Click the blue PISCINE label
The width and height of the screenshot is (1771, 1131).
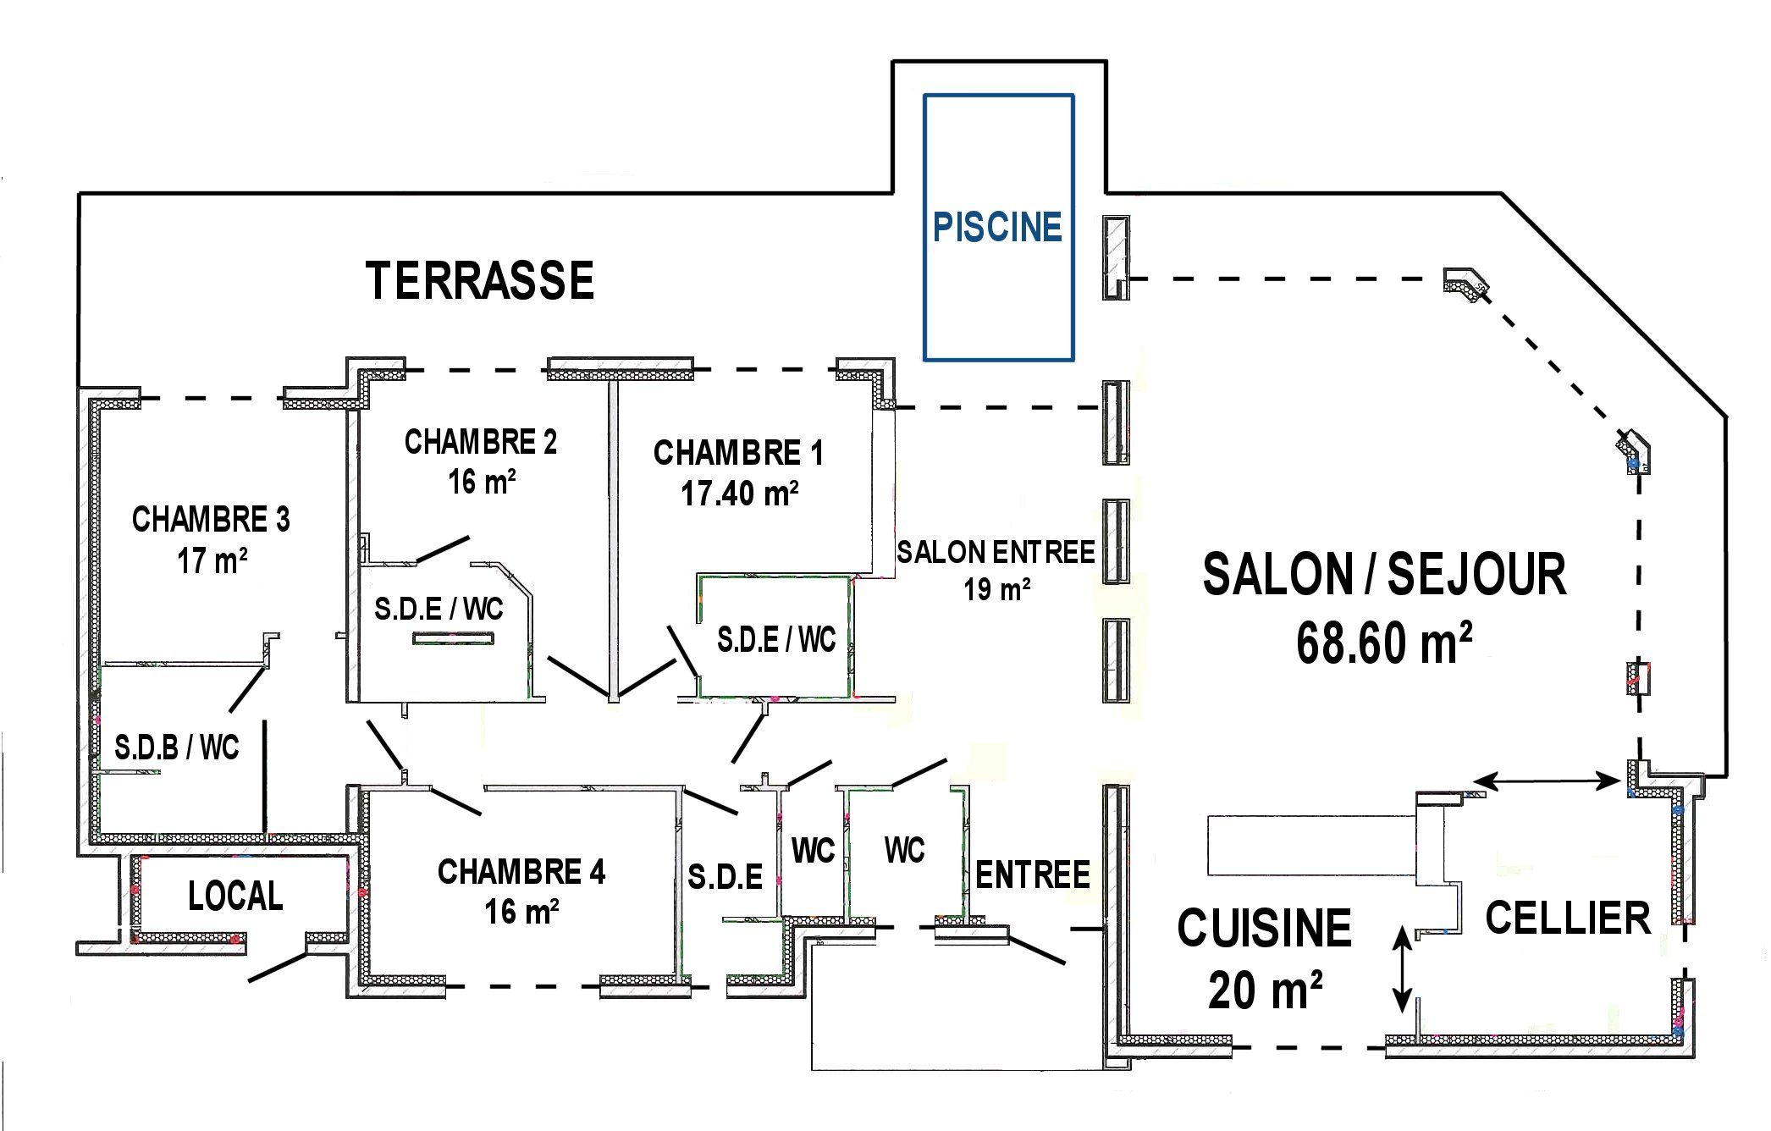click(x=997, y=227)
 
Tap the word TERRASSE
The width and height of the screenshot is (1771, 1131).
click(x=480, y=280)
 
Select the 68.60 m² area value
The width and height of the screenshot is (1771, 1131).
click(x=1384, y=643)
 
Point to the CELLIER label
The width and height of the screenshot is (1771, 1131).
click(x=1568, y=918)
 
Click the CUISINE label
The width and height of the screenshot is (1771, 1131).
click(x=1264, y=928)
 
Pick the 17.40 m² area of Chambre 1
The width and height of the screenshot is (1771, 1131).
click(x=740, y=493)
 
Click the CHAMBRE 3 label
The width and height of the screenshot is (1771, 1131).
click(x=211, y=519)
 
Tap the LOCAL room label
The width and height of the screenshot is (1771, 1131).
click(x=235, y=896)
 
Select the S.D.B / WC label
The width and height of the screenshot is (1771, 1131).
click(x=177, y=748)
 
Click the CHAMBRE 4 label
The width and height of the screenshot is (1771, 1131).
click(x=521, y=871)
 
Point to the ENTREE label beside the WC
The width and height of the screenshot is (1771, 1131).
click(x=1033, y=875)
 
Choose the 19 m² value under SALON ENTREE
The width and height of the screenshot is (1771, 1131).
click(x=996, y=588)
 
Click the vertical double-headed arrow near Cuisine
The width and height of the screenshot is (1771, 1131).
click(x=1403, y=968)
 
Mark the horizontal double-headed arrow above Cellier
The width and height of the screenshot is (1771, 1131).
click(x=1546, y=781)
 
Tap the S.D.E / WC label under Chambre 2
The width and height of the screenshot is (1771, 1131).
click(x=439, y=609)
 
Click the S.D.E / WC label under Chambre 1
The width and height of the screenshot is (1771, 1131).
click(x=776, y=639)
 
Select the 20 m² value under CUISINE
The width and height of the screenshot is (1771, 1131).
click(x=1265, y=988)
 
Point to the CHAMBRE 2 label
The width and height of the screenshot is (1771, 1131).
click(x=481, y=441)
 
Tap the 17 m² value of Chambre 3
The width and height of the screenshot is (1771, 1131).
click(x=212, y=560)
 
